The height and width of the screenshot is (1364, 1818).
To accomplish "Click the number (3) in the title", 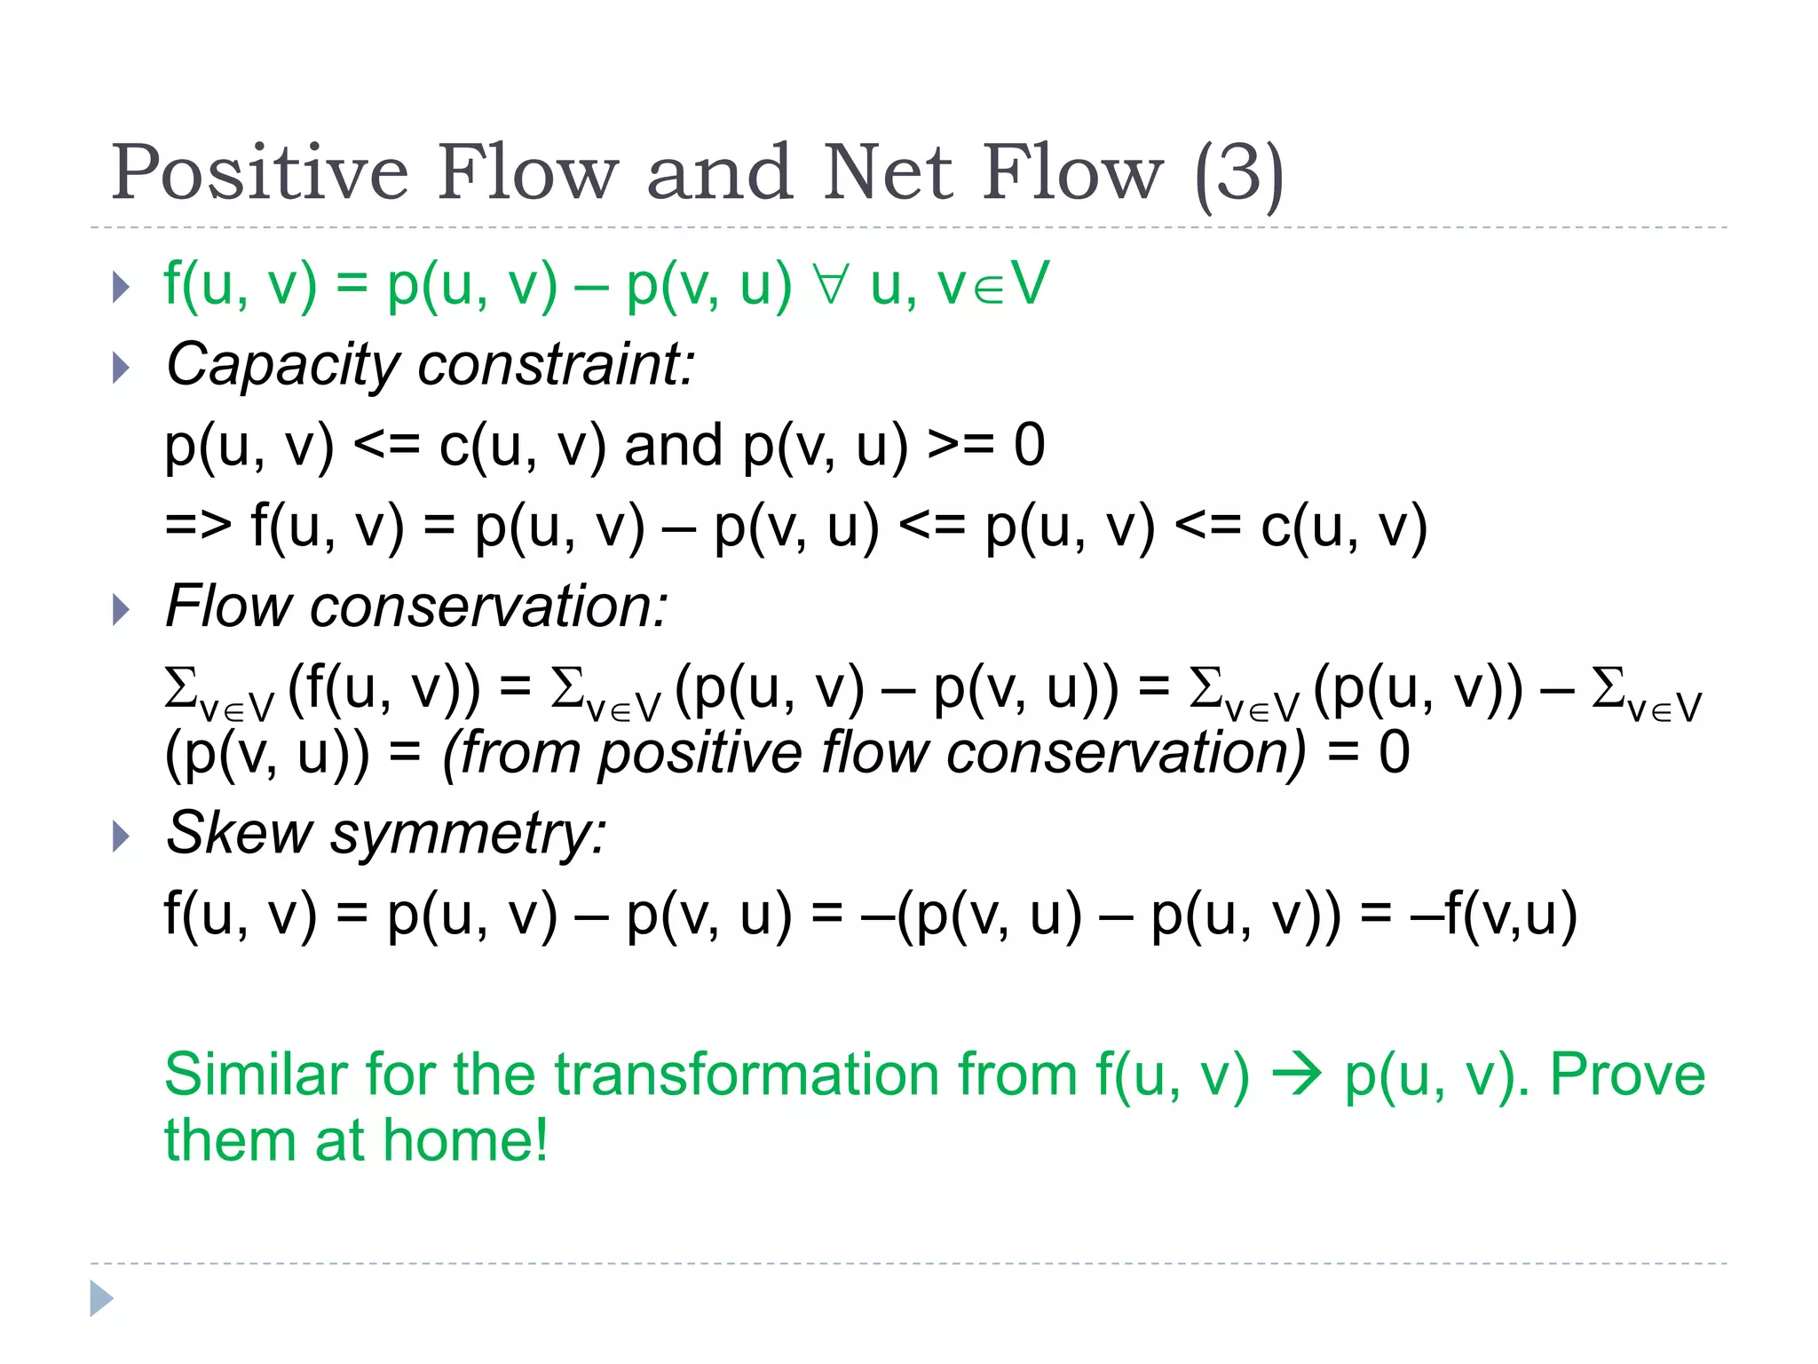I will (x=1239, y=172).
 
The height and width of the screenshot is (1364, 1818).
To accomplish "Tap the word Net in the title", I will (x=888, y=172).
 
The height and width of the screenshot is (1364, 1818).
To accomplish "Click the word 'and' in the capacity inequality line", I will (x=673, y=445).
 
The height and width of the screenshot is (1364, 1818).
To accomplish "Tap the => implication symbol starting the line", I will (x=198, y=526).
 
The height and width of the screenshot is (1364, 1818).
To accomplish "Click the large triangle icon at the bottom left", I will (x=101, y=1298).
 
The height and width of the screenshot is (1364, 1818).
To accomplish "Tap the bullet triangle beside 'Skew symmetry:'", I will (x=122, y=836).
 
